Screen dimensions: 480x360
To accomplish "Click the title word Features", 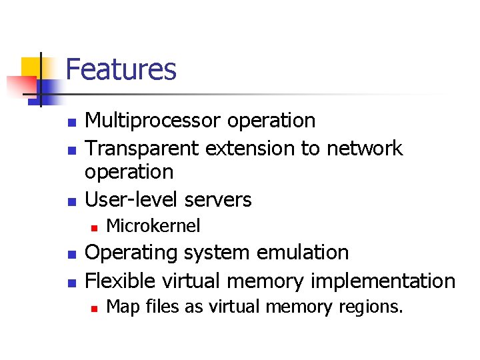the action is coord(121,69).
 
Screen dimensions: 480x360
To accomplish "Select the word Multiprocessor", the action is coord(153,121).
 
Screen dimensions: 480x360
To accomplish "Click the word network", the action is coord(365,147).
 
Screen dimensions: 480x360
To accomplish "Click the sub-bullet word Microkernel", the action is coord(153,227).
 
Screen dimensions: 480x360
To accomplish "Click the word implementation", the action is coord(381,281).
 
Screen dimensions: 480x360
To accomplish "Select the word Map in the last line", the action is coord(121,307).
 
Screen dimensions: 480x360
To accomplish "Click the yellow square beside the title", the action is coord(32,68).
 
